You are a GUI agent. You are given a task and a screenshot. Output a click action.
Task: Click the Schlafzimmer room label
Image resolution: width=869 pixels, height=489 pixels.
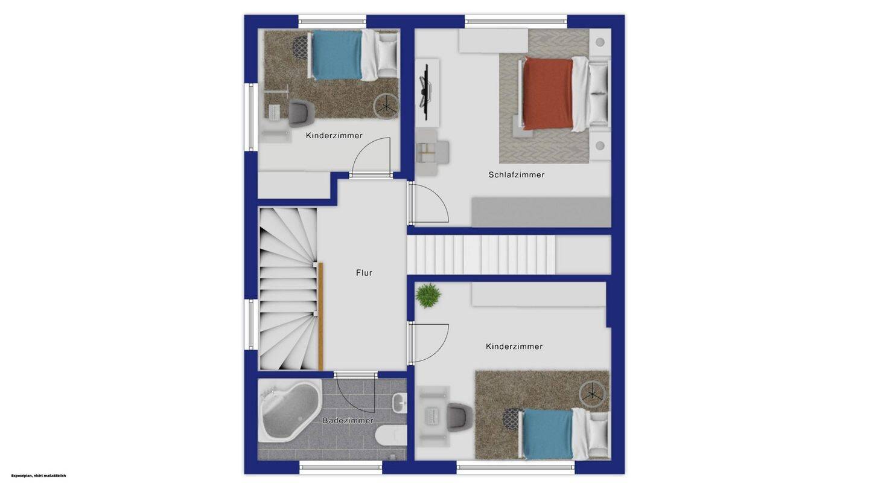[x=517, y=174]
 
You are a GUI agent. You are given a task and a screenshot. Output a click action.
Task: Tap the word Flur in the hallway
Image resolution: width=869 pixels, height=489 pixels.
[x=364, y=273]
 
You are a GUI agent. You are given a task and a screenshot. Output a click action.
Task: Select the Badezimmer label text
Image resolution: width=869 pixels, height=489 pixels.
[x=348, y=420]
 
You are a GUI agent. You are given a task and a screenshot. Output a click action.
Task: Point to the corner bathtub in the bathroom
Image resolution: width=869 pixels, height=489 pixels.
[x=290, y=411]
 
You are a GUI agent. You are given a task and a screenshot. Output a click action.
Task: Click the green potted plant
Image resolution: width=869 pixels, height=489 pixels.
[x=428, y=295]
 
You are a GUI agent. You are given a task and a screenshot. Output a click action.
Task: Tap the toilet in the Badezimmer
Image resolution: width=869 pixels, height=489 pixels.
[x=391, y=435]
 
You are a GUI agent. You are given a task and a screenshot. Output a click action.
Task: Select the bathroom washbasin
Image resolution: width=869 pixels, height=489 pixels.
[x=399, y=403]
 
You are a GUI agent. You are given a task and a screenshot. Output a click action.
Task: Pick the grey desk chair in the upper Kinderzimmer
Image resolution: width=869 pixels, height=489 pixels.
[x=302, y=113]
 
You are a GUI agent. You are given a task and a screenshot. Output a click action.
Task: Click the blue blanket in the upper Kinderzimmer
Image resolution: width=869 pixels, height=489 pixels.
[x=337, y=55]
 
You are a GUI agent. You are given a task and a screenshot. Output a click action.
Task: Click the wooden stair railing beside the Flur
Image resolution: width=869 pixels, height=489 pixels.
[x=320, y=316]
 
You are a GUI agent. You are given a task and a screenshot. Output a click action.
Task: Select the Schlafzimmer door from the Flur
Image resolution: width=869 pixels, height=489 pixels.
[x=428, y=204]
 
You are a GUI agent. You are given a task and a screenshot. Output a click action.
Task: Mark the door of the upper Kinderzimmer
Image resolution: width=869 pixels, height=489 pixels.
[x=371, y=157]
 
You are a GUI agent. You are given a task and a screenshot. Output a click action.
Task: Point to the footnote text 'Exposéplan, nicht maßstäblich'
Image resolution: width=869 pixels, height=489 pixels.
[x=39, y=476]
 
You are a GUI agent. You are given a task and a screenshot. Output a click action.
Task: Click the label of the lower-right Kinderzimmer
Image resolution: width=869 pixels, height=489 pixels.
[x=514, y=346]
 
